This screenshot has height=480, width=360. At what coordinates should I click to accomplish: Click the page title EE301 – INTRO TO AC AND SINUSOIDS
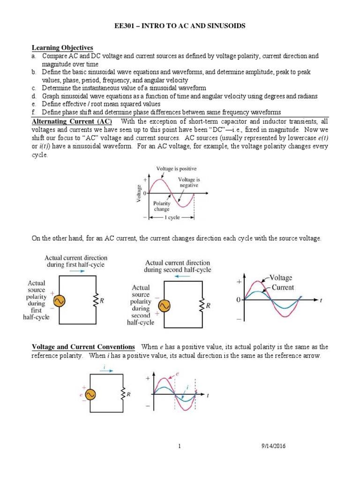pyautogui.click(x=180, y=27)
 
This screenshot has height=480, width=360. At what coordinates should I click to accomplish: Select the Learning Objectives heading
pyautogui.click(x=62, y=48)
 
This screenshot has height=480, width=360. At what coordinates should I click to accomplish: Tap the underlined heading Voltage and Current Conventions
pyautogui.click(x=83, y=347)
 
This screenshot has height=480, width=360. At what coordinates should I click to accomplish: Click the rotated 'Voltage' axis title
pyautogui.click(x=139, y=193)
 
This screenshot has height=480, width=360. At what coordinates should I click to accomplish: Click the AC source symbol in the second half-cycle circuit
pyautogui.click(x=164, y=306)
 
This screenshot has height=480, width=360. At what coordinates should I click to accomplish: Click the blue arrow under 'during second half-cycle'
pyautogui.click(x=178, y=277)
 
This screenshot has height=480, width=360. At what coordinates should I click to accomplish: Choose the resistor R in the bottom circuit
pyautogui.click(x=123, y=395)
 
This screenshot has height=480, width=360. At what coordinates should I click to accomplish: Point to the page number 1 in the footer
pyautogui.click(x=180, y=446)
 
